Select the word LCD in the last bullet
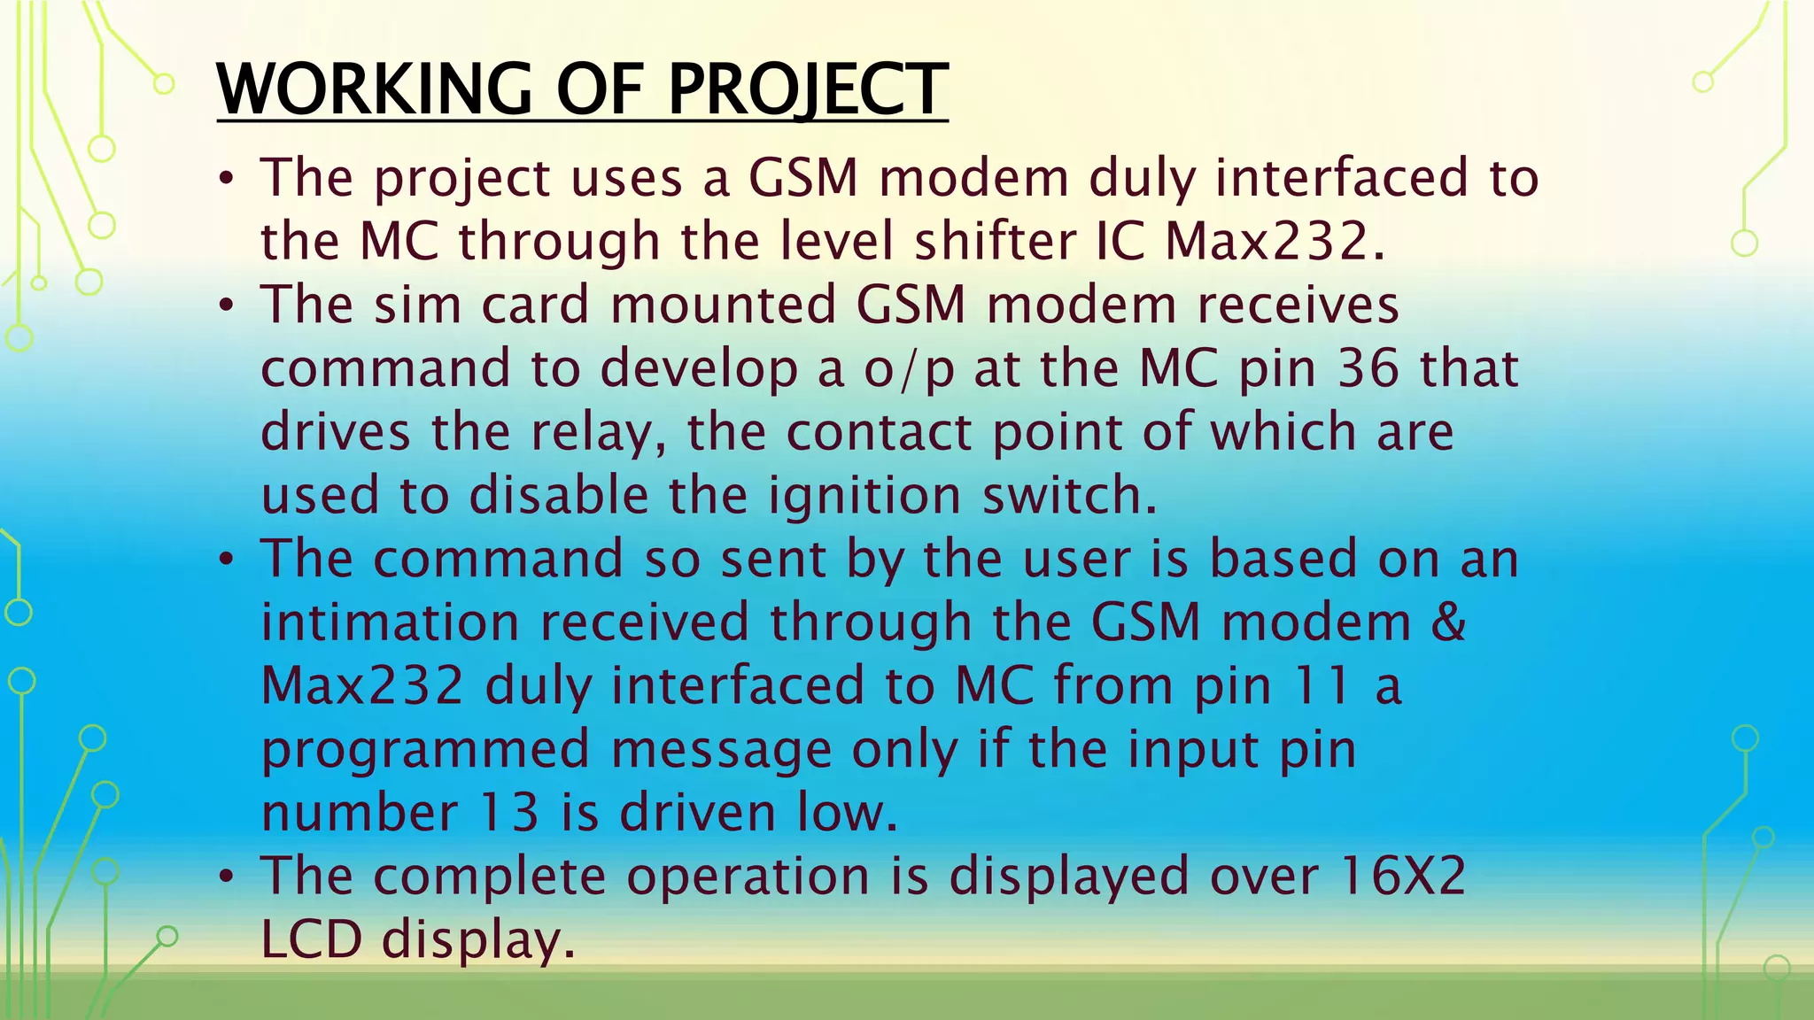pyautogui.click(x=312, y=939)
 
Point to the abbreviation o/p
pyautogui.click(x=909, y=370)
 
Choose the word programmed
pyautogui.click(x=425, y=751)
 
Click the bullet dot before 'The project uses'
pyautogui.click(x=227, y=180)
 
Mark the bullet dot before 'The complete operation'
pyautogui.click(x=227, y=877)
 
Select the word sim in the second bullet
pyautogui.click(x=417, y=305)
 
